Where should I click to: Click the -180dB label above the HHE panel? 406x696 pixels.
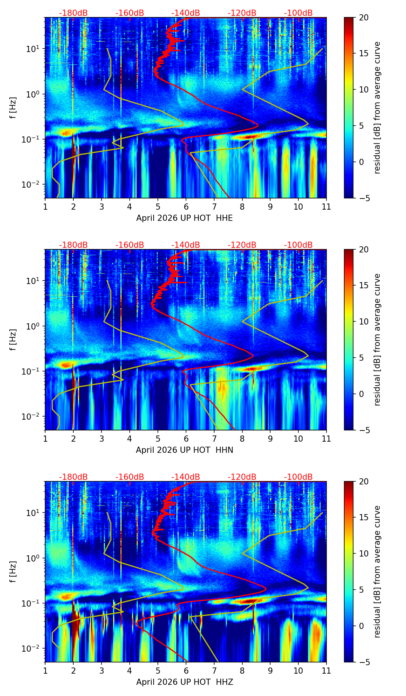point(73,13)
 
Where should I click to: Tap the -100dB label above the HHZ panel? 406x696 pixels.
point(298,477)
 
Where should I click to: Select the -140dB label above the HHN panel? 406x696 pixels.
point(186,245)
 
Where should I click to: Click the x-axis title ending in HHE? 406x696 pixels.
point(184,218)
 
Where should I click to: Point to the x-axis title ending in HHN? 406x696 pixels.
point(184,450)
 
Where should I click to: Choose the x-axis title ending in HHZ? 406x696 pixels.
point(184,682)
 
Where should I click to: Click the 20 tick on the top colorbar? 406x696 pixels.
point(364,17)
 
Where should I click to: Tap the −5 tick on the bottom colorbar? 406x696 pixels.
point(364,662)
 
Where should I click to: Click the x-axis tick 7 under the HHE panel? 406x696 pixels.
point(214,207)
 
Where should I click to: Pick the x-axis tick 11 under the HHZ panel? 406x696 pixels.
point(326,671)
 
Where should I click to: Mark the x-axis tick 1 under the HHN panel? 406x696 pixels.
point(45,439)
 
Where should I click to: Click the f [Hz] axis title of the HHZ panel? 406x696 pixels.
point(13,572)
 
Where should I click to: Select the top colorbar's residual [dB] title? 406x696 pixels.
point(377,108)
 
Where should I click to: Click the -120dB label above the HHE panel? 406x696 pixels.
point(242,13)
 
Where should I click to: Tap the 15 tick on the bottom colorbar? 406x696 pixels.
point(364,518)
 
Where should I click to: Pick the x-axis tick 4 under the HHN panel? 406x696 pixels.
point(130,439)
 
